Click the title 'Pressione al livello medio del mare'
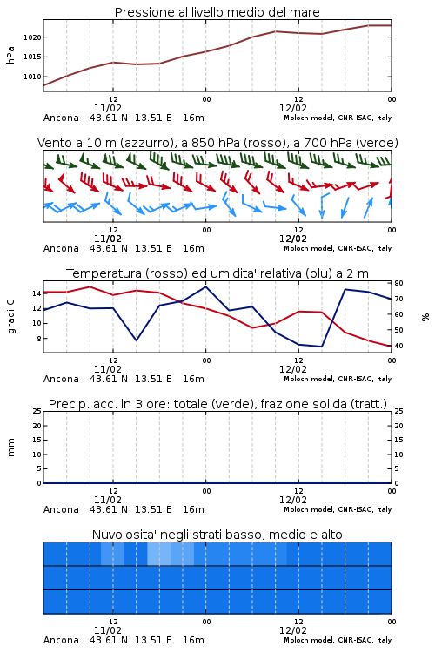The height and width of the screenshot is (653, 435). tap(217, 12)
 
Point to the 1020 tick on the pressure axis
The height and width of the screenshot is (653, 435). tap(32, 37)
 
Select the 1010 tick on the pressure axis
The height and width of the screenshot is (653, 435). tap(32, 77)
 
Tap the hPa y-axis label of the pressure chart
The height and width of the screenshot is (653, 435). tap(10, 55)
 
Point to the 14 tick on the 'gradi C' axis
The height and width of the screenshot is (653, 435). tap(37, 293)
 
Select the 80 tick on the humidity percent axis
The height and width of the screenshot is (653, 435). tap(398, 283)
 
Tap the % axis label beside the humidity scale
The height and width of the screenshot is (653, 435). tap(425, 317)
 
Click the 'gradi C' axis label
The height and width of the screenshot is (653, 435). tap(10, 317)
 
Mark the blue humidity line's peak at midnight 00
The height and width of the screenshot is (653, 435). tap(205, 287)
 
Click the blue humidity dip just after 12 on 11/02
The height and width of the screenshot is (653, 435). tap(136, 340)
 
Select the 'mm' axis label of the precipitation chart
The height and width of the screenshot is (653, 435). tap(10, 448)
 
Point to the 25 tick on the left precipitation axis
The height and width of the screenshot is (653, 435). tap(37, 412)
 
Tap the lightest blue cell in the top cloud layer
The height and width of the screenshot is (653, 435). tap(159, 554)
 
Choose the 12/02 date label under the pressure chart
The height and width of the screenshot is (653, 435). tap(293, 109)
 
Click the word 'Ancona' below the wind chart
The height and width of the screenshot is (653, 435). tap(61, 249)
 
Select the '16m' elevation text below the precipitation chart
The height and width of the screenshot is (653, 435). tap(193, 509)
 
